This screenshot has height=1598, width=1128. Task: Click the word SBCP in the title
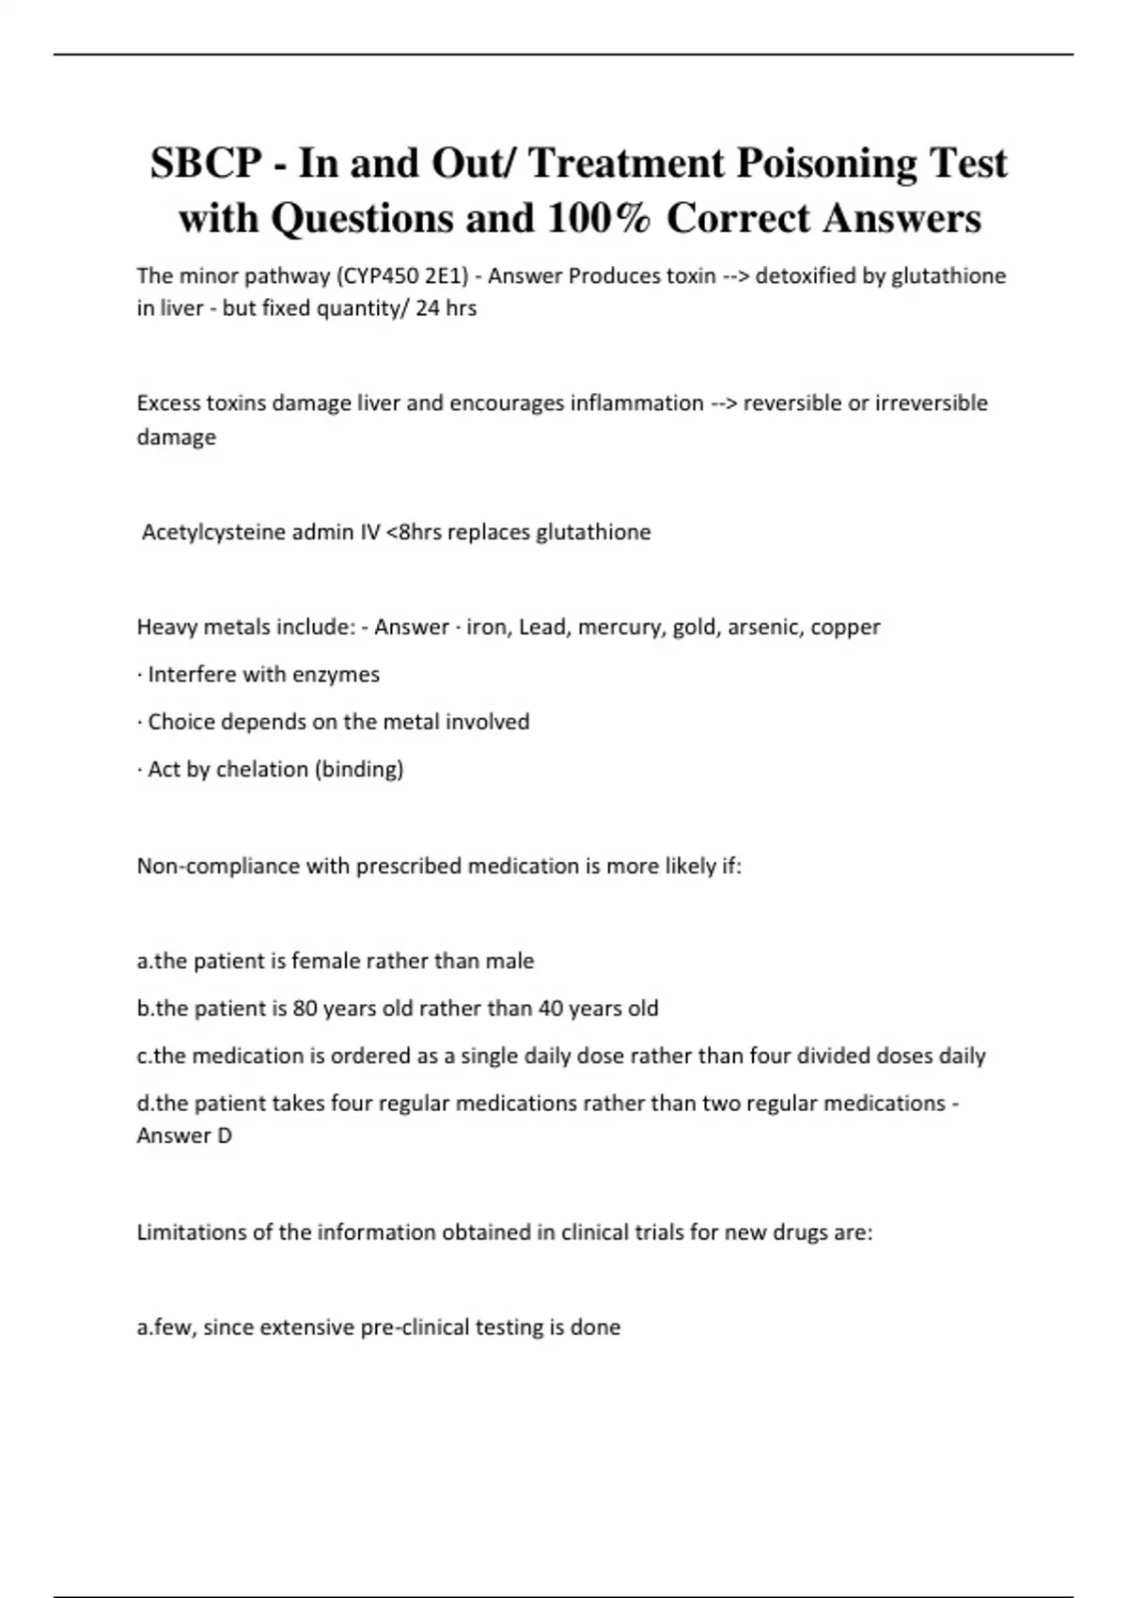[x=206, y=164]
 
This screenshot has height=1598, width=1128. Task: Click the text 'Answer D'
[x=184, y=1136]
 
